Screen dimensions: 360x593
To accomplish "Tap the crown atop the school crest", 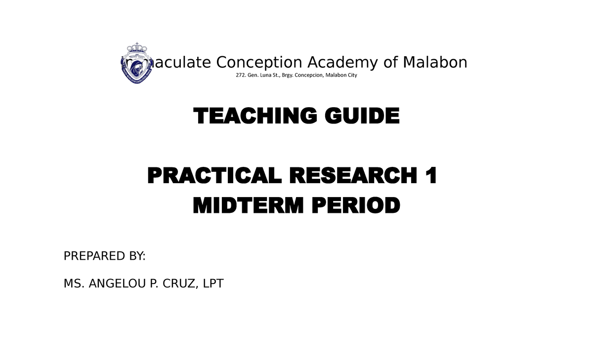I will [137, 48].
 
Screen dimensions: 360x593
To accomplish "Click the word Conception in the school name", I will [259, 63].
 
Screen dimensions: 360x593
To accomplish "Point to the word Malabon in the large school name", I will [435, 63].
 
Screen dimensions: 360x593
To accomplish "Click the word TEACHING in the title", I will [250, 117].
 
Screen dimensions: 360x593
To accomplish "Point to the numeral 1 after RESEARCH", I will [431, 176].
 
